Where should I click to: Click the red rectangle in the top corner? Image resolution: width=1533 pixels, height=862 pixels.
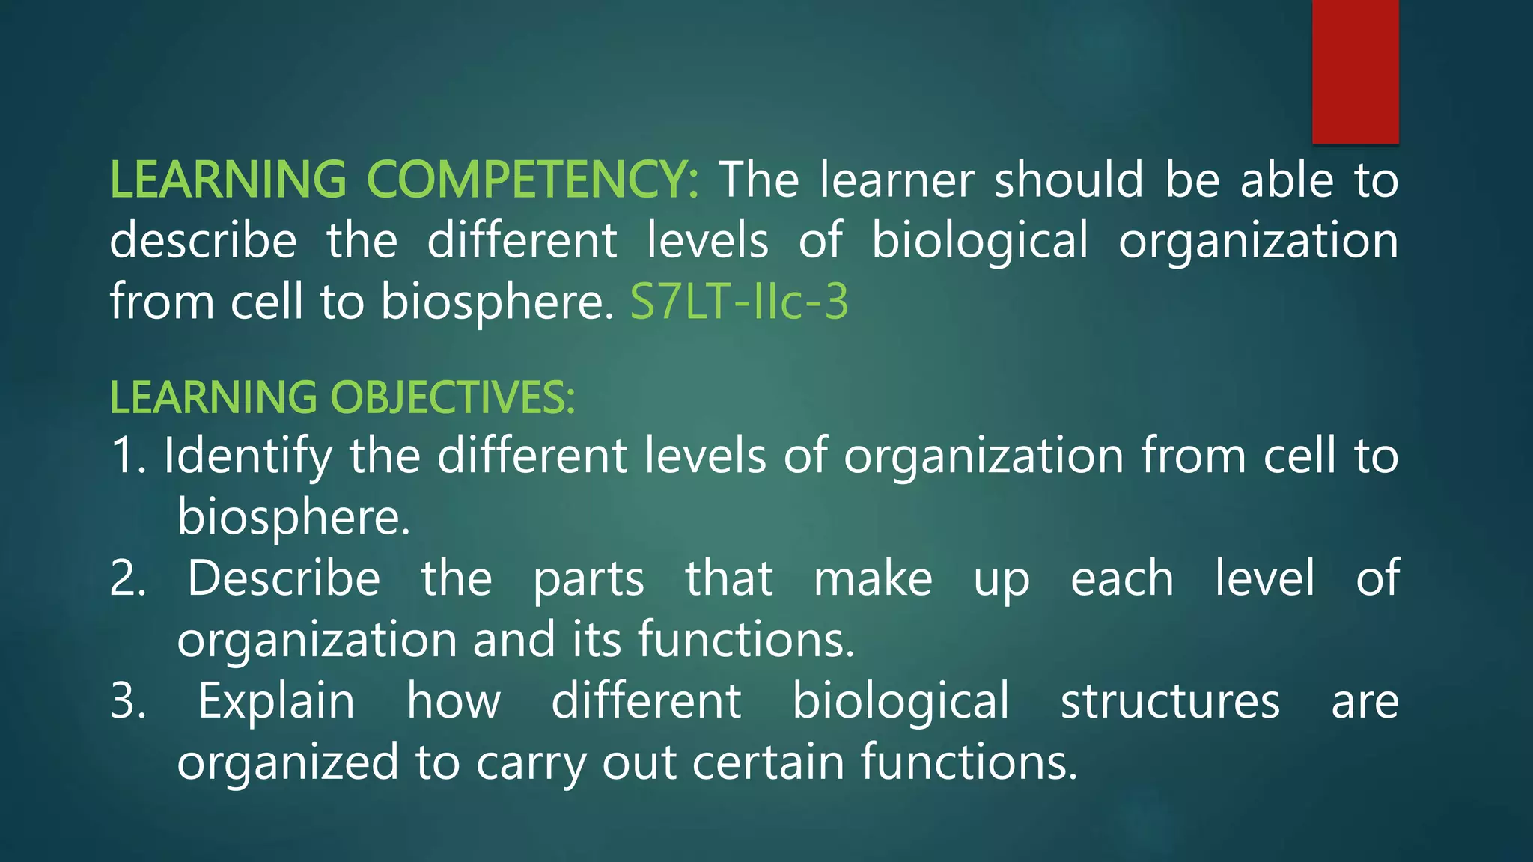pyautogui.click(x=1355, y=71)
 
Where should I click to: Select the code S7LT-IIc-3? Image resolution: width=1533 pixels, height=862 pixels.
pyautogui.click(x=739, y=302)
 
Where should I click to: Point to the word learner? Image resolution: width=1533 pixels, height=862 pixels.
pyautogui.click(x=897, y=180)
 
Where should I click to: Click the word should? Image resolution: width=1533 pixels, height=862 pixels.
pyautogui.click(x=1069, y=180)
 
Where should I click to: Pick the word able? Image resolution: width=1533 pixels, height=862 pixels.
pyautogui.click(x=1287, y=180)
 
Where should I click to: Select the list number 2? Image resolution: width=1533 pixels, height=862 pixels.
pyautogui.click(x=127, y=578)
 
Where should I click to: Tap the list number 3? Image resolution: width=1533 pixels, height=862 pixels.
pyautogui.click(x=127, y=701)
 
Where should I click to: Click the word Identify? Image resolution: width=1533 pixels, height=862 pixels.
pyautogui.click(x=248, y=456)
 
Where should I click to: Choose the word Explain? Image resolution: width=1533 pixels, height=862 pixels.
pyautogui.click(x=276, y=701)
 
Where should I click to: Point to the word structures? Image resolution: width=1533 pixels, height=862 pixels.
pyautogui.click(x=1170, y=701)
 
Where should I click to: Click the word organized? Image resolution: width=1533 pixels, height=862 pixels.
pyautogui.click(x=287, y=762)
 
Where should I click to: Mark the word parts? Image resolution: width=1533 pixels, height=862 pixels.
pyautogui.click(x=588, y=578)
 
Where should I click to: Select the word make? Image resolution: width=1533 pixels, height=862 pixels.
pyautogui.click(x=873, y=578)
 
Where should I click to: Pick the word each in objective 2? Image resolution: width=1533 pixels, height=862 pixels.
pyautogui.click(x=1122, y=578)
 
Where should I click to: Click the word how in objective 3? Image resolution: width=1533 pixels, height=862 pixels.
pyautogui.click(x=454, y=701)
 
